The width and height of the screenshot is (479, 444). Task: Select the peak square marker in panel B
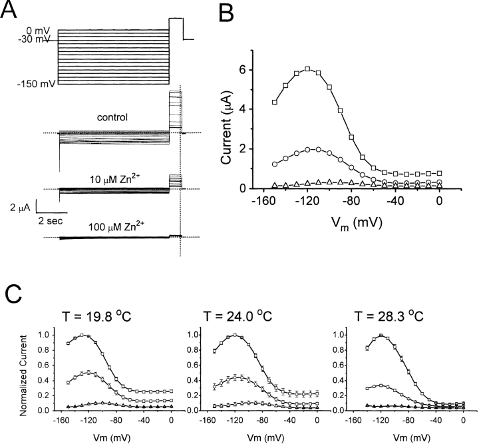(x=307, y=69)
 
